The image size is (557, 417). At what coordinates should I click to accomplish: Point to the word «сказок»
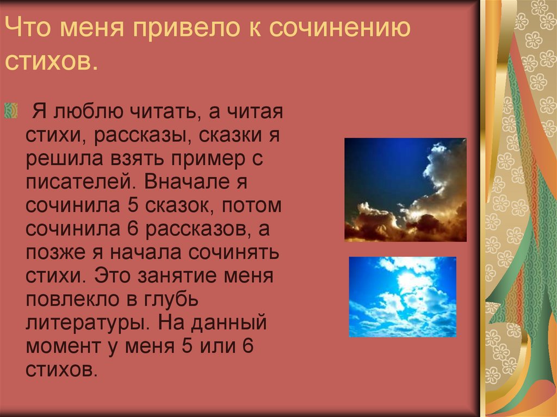tap(173, 206)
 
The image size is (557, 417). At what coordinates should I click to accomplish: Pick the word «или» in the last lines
tap(213, 347)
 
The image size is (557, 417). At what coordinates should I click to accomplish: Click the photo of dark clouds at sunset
tap(405, 190)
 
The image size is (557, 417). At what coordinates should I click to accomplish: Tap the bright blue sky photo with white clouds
tap(403, 297)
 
